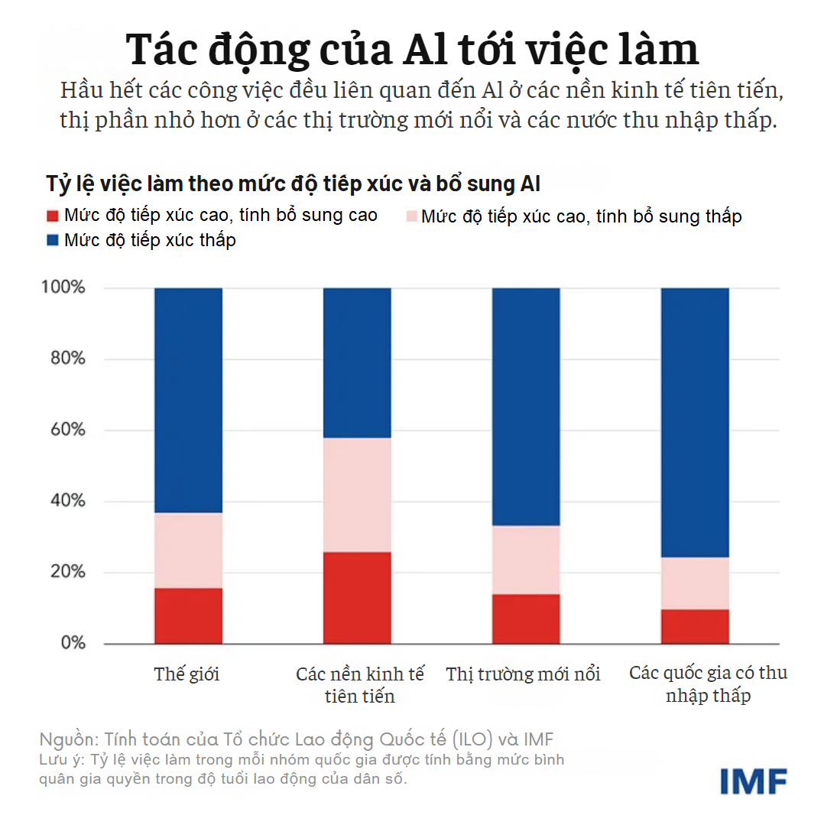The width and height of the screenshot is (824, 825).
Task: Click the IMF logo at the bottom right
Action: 753,780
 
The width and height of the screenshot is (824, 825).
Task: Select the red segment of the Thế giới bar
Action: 188,616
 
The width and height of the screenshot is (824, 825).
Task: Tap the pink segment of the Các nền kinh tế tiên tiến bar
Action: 358,495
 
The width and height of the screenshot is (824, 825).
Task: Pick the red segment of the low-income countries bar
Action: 694,626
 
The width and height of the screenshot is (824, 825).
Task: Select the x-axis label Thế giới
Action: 187,674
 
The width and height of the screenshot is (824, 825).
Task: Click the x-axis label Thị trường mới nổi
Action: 524,674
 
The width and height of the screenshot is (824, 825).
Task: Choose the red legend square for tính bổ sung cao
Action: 52,216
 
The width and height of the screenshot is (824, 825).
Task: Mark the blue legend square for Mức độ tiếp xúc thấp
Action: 52,241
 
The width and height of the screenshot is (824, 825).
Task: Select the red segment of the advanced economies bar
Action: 358,598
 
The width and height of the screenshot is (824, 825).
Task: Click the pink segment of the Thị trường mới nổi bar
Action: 526,560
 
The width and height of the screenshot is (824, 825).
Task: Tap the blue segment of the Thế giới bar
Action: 188,400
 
